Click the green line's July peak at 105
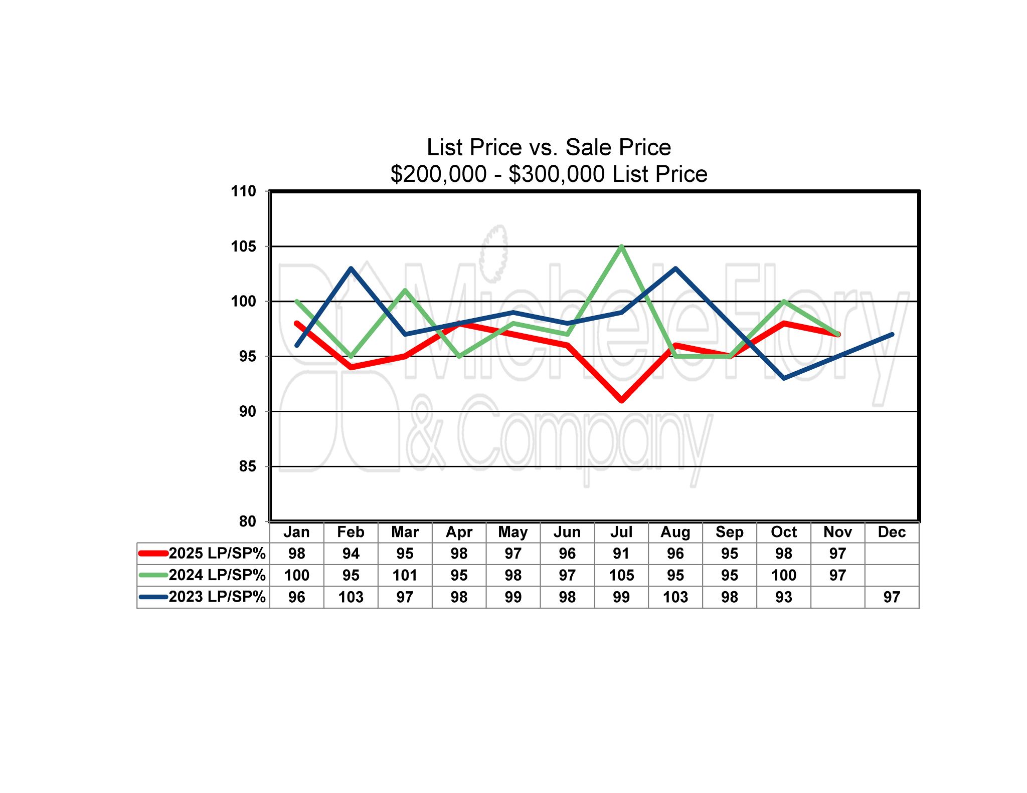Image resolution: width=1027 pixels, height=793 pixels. (x=621, y=246)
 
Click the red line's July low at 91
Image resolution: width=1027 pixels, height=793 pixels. (x=621, y=400)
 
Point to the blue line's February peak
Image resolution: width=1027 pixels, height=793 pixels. (x=351, y=269)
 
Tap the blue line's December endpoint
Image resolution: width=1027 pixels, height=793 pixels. (x=892, y=335)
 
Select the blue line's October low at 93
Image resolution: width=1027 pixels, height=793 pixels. (x=784, y=378)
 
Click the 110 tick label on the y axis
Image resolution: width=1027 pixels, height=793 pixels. (x=243, y=191)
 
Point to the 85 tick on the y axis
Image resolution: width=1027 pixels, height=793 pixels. (x=247, y=466)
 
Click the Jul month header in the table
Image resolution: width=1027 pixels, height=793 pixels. (x=621, y=532)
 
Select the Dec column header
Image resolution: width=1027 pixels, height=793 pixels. (x=892, y=532)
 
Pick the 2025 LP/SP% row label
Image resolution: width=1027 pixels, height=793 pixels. (x=217, y=554)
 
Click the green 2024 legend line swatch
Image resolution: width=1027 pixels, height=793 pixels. (x=153, y=575)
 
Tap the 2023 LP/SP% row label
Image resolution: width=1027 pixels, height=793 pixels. (x=217, y=597)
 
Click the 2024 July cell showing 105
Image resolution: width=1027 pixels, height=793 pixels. (x=621, y=575)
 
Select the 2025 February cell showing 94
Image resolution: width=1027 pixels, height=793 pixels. (x=351, y=554)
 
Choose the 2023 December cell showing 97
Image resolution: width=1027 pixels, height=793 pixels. (x=892, y=597)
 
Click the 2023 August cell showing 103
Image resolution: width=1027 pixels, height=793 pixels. (x=675, y=597)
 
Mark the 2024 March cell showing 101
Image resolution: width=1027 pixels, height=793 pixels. (x=405, y=575)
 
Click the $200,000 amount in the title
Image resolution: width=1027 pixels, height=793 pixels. (x=438, y=174)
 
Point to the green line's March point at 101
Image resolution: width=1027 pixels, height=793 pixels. (x=405, y=291)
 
